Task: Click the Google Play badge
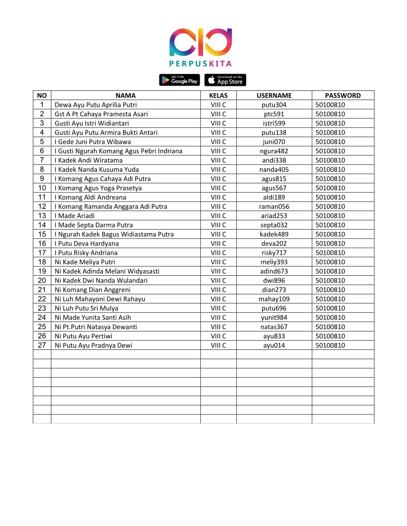click(x=180, y=80)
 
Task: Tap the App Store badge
click(x=225, y=80)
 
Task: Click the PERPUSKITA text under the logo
click(x=200, y=63)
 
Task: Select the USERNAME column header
click(x=274, y=96)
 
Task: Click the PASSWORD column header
click(x=343, y=96)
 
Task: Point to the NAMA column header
click(x=126, y=96)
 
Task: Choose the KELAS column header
click(x=218, y=96)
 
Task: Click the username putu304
click(x=274, y=105)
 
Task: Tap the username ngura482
click(x=274, y=151)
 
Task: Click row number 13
click(x=42, y=216)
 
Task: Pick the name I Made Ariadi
click(x=75, y=216)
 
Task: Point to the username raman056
click(x=274, y=206)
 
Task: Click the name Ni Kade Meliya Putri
click(x=85, y=262)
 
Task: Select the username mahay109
click(x=274, y=299)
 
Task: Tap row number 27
click(x=42, y=345)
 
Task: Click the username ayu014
click(x=274, y=345)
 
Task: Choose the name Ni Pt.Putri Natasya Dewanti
click(x=96, y=327)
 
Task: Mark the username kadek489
click(x=274, y=234)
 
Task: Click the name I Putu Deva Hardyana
click(x=87, y=243)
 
